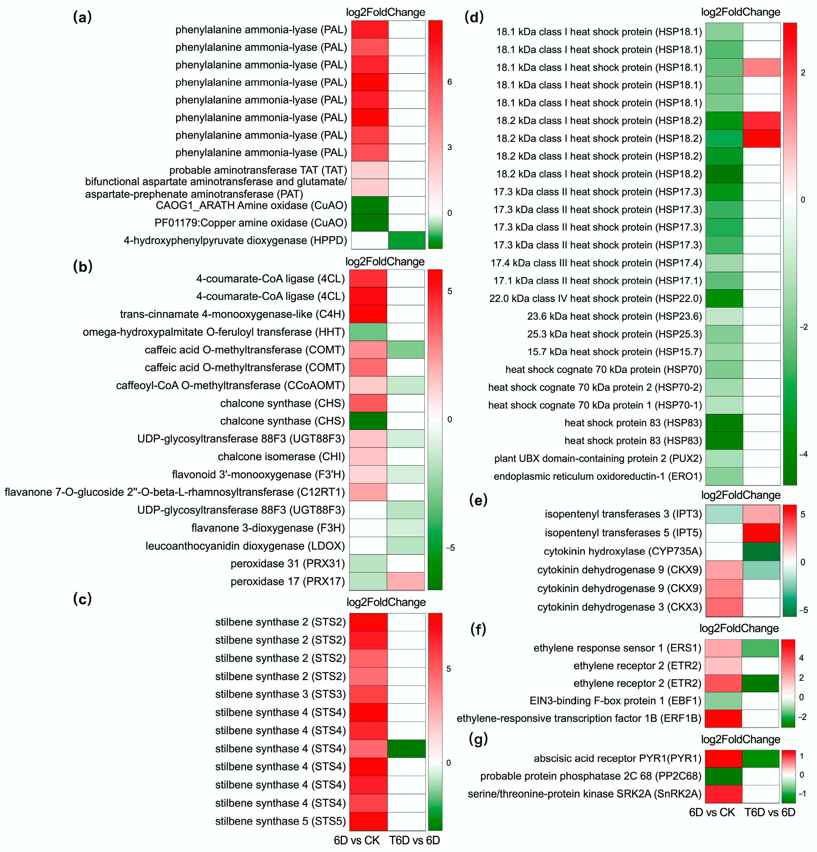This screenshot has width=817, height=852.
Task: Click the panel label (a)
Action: click(x=82, y=17)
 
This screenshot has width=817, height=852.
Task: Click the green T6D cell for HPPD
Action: click(x=406, y=240)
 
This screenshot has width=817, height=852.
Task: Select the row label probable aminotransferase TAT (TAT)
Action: click(x=258, y=170)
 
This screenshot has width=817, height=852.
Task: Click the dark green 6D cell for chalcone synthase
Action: click(x=368, y=421)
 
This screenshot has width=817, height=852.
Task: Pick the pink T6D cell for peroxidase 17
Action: click(x=406, y=581)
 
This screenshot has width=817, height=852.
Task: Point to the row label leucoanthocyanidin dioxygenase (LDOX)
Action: click(x=245, y=546)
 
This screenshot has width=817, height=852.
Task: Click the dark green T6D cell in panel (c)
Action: click(x=406, y=748)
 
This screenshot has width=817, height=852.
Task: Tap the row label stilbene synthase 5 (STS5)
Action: click(x=280, y=821)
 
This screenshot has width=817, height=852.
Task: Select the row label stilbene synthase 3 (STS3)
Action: click(x=280, y=694)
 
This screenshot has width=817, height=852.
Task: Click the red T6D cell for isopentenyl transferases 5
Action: click(x=761, y=533)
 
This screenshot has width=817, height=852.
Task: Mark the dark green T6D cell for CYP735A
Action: click(x=761, y=551)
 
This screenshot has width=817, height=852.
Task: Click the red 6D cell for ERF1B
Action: click(x=723, y=718)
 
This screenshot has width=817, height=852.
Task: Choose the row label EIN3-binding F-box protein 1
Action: click(x=615, y=701)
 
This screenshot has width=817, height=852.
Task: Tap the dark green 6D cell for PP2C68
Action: click(x=723, y=776)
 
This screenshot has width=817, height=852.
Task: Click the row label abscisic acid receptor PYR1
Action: click(x=617, y=758)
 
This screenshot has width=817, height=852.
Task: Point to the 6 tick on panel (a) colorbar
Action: click(x=449, y=82)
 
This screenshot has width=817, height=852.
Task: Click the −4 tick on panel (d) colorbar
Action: click(x=803, y=454)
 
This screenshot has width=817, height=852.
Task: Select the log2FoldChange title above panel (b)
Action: click(x=385, y=262)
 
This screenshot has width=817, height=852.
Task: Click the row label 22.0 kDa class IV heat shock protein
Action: click(x=595, y=298)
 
